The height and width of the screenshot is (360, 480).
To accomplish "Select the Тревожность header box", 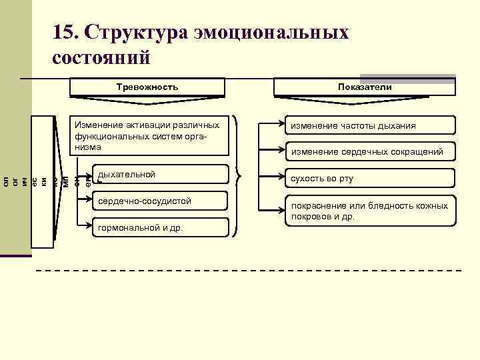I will pyautogui.click(x=147, y=87).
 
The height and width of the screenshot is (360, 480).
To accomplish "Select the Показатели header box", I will pyautogui.click(x=365, y=87).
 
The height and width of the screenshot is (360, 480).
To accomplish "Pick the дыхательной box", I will pyautogui.click(x=160, y=175).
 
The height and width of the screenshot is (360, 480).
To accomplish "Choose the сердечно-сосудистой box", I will pyautogui.click(x=160, y=201).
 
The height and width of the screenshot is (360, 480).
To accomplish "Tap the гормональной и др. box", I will pyautogui.click(x=160, y=227).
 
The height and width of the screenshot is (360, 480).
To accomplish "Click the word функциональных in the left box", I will pyautogui.click(x=107, y=136).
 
